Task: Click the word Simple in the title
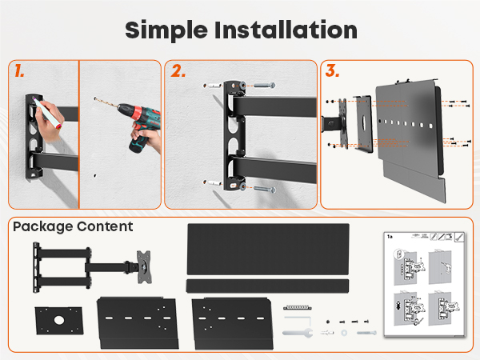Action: click(x=167, y=30)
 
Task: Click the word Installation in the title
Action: click(x=286, y=30)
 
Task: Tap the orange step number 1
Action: click(x=19, y=70)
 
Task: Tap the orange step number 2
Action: click(x=178, y=70)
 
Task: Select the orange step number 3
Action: click(x=332, y=70)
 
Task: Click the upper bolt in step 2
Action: click(x=264, y=85)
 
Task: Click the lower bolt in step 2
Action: click(x=265, y=190)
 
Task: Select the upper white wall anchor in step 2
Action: click(x=213, y=85)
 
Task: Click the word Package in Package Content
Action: click(x=42, y=227)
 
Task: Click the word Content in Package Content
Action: click(x=105, y=226)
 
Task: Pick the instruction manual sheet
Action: click(x=425, y=284)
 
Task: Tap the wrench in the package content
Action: click(x=298, y=333)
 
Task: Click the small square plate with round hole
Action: click(x=59, y=321)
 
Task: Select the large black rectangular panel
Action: click(x=268, y=249)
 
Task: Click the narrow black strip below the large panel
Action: click(x=267, y=286)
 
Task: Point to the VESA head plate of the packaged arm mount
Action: click(x=144, y=266)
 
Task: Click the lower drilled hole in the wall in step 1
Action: click(x=95, y=176)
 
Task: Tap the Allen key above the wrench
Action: click(x=298, y=320)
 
